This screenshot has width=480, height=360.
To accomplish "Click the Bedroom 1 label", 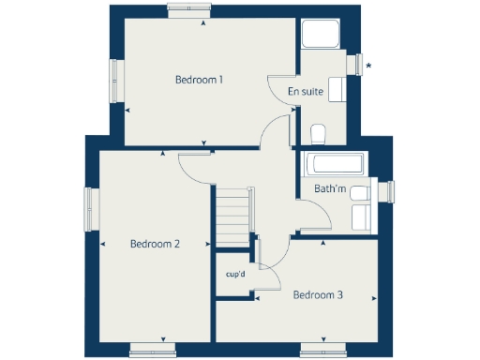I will (x=199, y=80).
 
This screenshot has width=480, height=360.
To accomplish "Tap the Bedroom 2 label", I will (x=155, y=244).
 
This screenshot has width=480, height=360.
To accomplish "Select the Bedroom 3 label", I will (x=318, y=295).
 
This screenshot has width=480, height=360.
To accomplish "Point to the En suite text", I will (x=306, y=92).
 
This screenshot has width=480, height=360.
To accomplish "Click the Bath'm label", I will (x=330, y=189).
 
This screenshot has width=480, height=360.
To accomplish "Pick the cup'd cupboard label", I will (x=235, y=275).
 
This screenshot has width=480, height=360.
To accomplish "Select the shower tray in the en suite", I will (x=320, y=35).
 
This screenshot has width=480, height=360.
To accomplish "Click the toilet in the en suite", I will (x=317, y=132).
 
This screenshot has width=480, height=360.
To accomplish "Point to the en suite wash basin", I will (x=337, y=91).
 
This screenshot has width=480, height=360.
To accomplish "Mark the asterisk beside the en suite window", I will (x=368, y=66).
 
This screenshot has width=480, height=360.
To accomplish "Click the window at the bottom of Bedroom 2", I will (x=152, y=349).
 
